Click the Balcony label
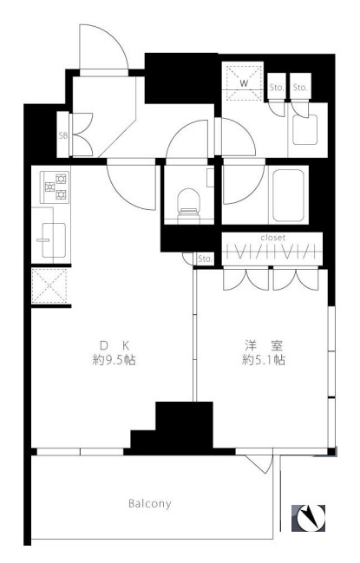(x=150, y=503)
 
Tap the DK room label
(x=115, y=345)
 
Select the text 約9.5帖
(x=115, y=360)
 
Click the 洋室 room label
(x=264, y=345)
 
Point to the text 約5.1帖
(x=264, y=360)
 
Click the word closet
(x=273, y=238)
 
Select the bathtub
(x=289, y=196)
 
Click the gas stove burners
(x=55, y=187)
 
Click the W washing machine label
(x=244, y=84)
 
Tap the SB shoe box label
(x=62, y=135)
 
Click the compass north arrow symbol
(x=308, y=518)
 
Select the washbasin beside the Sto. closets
(x=304, y=129)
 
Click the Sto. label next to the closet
(x=205, y=259)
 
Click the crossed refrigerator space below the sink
(x=49, y=285)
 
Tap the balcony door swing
(x=259, y=464)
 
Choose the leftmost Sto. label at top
(x=277, y=88)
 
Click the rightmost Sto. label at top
(x=300, y=88)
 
